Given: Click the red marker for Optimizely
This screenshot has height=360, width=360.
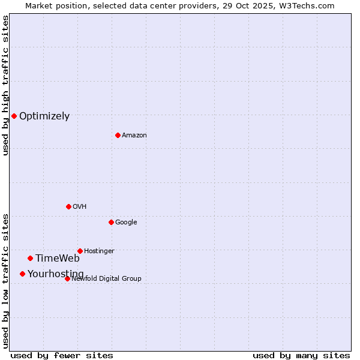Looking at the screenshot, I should [14, 116].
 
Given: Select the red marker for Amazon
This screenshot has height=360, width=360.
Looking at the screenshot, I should [118, 135].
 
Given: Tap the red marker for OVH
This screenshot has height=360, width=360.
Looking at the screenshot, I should [68, 206].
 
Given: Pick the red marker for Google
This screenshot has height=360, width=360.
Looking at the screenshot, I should [111, 222].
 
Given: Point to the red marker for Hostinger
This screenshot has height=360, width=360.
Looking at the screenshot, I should [80, 251].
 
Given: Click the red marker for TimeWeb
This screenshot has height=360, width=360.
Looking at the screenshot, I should [30, 258].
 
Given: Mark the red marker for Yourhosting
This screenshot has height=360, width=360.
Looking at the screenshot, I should [22, 274].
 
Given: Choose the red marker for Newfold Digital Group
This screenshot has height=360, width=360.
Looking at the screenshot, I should [67, 278].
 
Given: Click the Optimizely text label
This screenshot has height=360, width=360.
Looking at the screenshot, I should [44, 116].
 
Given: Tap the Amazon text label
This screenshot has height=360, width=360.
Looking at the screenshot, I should [134, 136].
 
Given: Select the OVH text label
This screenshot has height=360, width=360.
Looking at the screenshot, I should [80, 207].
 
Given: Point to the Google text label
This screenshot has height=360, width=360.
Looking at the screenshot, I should [126, 223].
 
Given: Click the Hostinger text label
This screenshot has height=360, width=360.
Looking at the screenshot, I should [99, 251].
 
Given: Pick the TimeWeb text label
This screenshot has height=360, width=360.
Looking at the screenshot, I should [58, 259].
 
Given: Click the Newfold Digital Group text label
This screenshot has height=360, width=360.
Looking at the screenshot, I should [106, 279].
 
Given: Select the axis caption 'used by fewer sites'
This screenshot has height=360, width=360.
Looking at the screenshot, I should [62, 355].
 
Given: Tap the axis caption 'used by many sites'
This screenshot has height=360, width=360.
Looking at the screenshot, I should [301, 355].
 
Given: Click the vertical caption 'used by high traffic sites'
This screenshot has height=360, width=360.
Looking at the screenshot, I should [5, 85].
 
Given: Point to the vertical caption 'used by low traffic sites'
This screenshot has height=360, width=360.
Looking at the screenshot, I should [5, 280].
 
